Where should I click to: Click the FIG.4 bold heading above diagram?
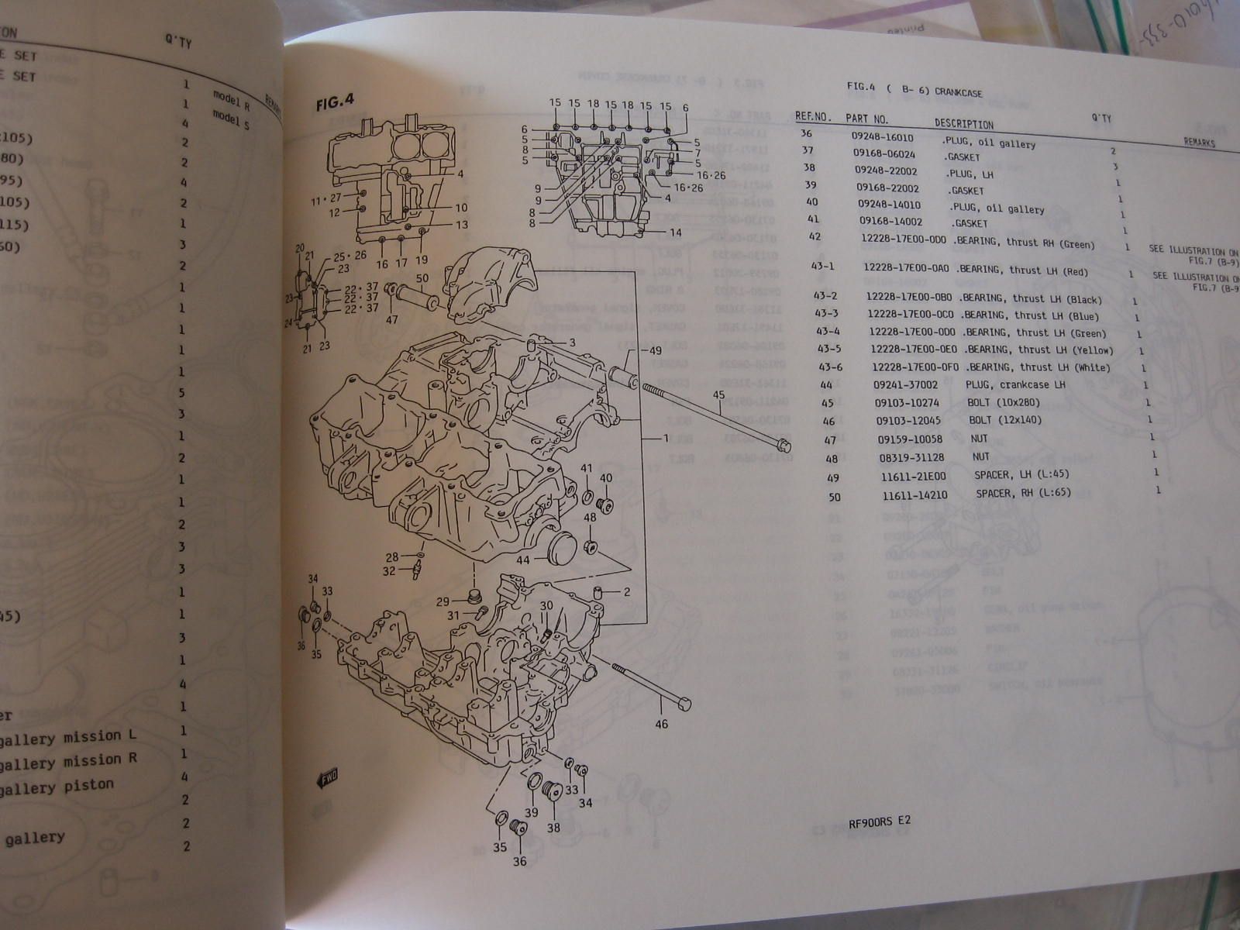pos(335,101)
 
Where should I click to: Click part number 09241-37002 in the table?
pos(905,384)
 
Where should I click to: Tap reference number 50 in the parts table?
pos(835,497)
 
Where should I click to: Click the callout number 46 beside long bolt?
pos(661,725)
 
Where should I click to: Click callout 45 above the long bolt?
pos(718,394)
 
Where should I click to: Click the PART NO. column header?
pos(867,119)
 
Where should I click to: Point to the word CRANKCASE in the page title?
pos(958,92)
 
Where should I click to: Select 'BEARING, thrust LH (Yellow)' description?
pos(1038,350)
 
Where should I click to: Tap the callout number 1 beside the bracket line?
pos(664,438)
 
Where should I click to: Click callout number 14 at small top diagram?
pos(675,232)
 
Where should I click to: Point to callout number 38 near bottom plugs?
pos(553,828)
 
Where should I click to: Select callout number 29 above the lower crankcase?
pos(443,602)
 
